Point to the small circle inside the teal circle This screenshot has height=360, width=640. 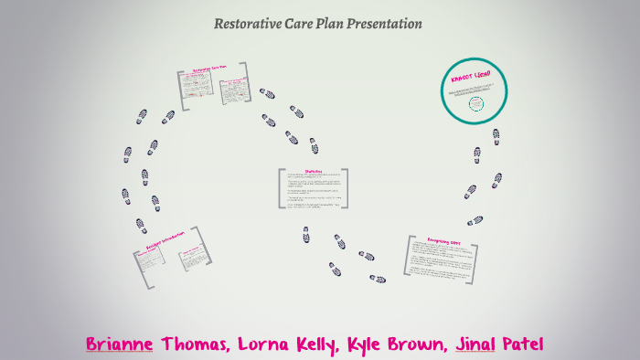[x=475, y=103]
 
